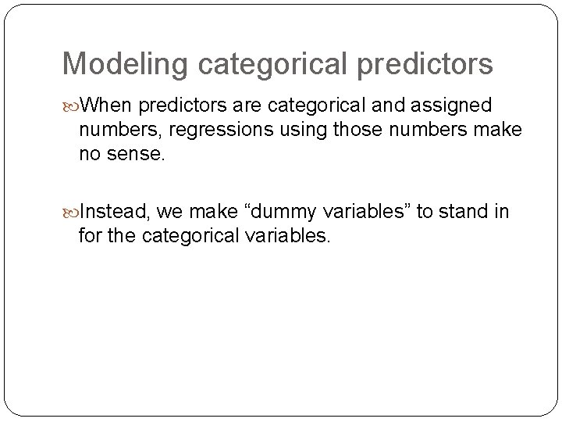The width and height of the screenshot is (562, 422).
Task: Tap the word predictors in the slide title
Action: [425, 64]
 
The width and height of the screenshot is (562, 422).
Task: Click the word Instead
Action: [114, 212]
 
